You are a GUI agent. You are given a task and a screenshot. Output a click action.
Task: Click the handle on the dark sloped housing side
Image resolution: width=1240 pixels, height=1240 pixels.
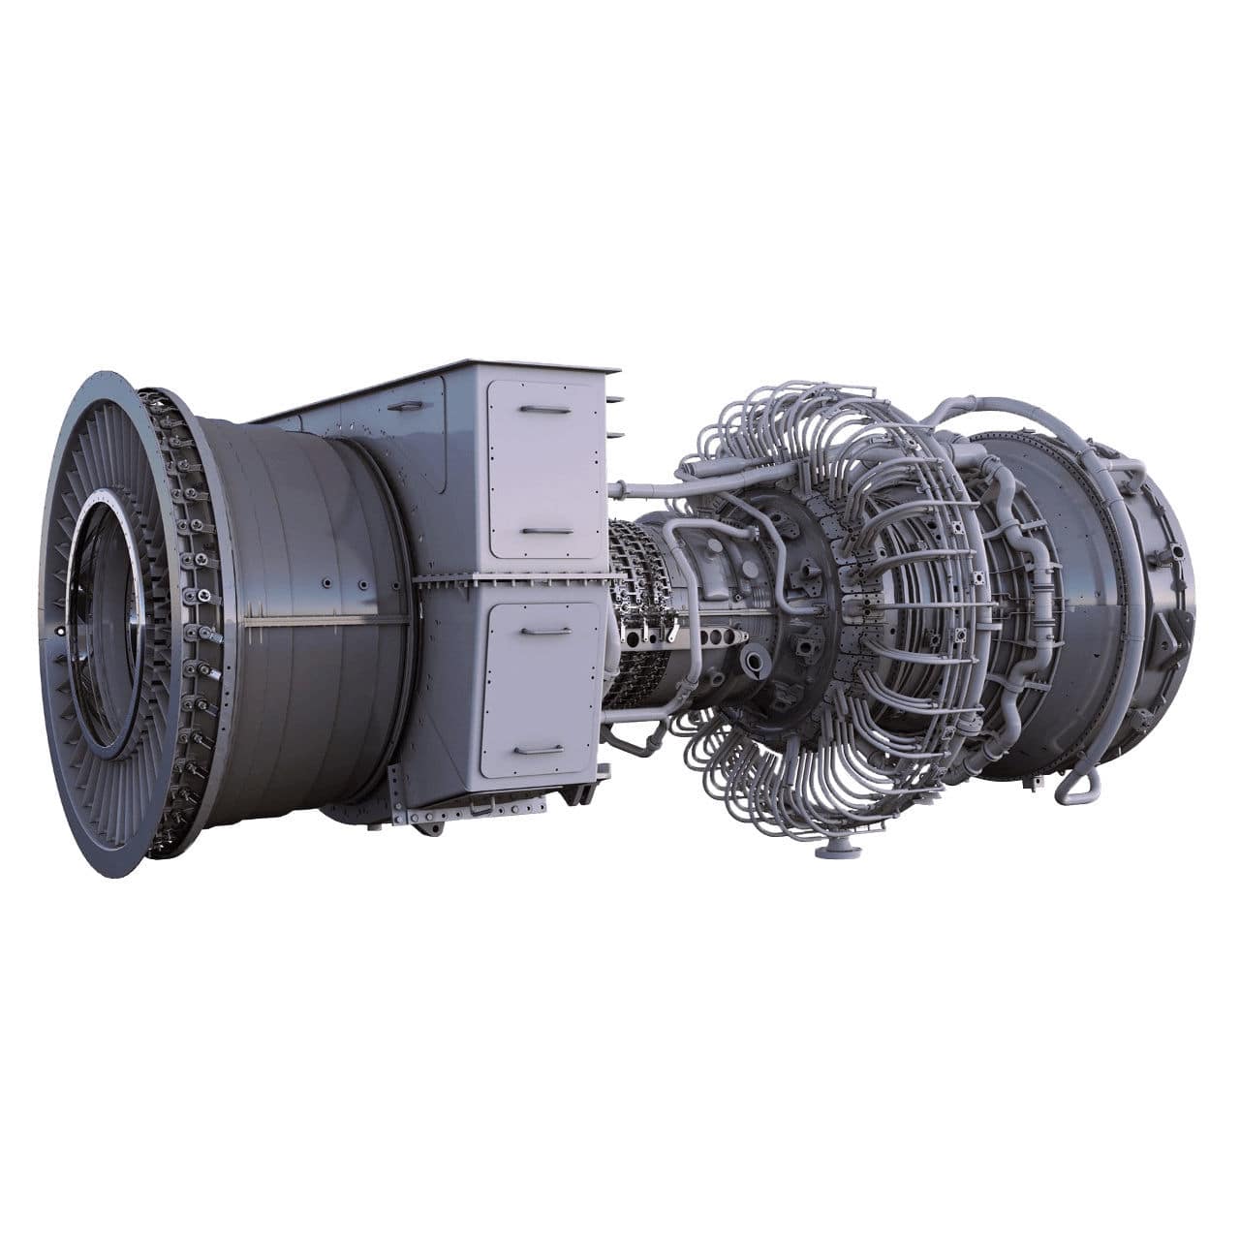click(x=406, y=407)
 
